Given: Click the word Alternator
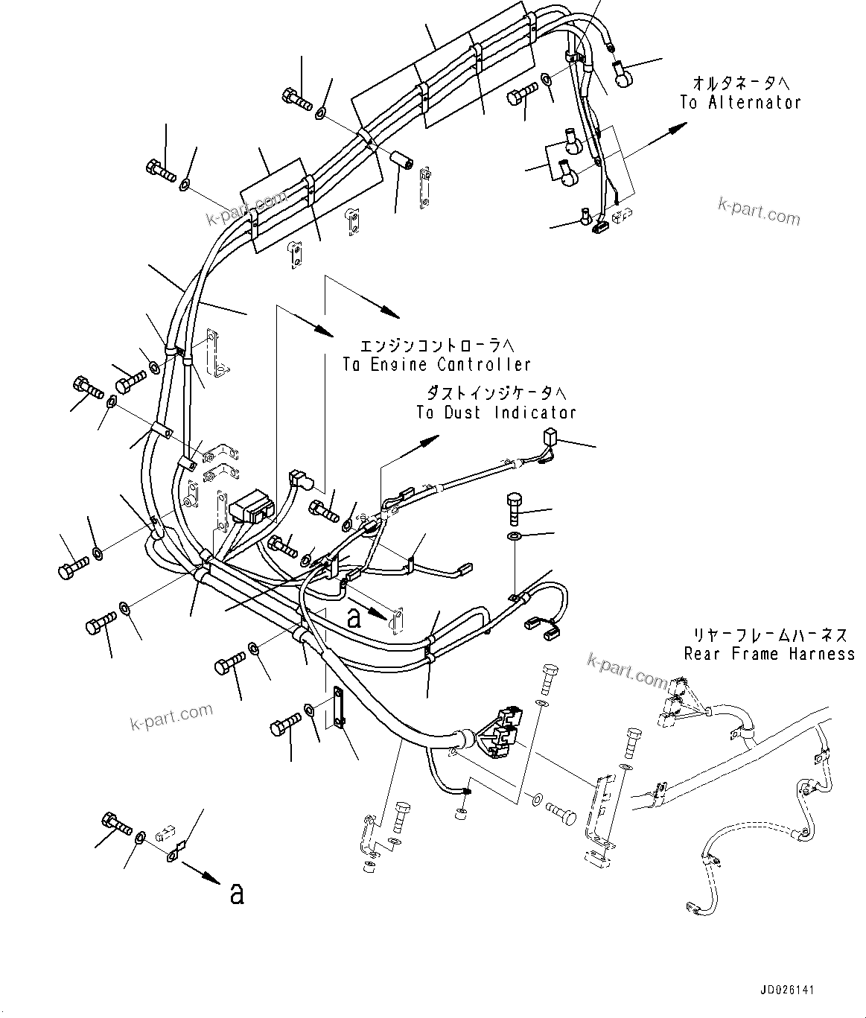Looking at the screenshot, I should (x=753, y=103).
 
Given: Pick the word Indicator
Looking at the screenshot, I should (x=535, y=413).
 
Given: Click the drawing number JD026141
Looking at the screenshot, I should (x=787, y=991).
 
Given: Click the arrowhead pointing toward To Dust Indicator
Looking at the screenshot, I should (x=429, y=441).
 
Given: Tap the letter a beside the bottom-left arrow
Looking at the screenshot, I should (x=237, y=893).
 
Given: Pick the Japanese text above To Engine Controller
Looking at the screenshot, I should (x=436, y=346).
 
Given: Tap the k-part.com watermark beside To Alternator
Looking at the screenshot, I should (x=759, y=211).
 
